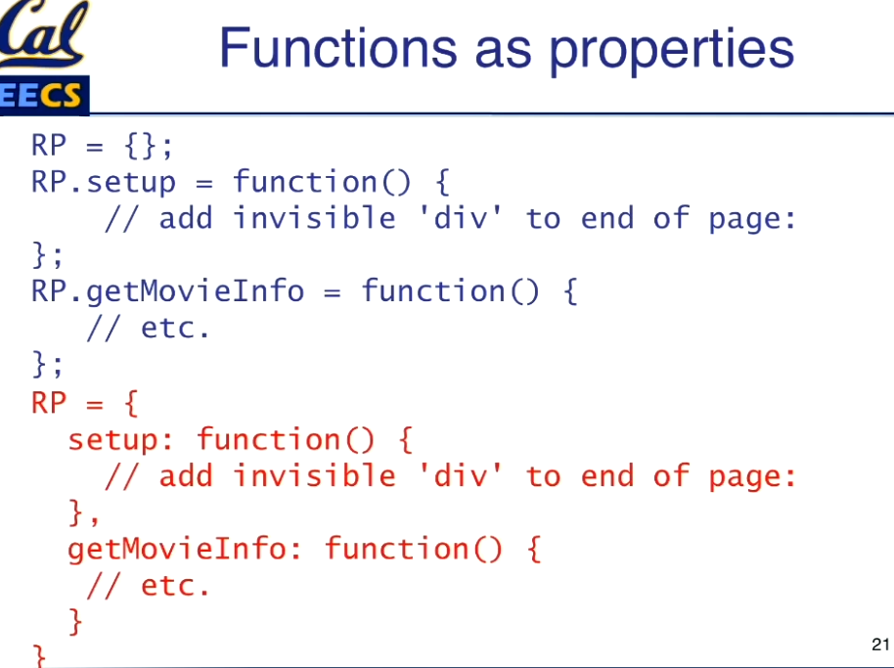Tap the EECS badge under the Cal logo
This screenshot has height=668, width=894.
(43, 95)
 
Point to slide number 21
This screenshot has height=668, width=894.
(880, 645)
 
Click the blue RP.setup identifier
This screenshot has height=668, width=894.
(104, 182)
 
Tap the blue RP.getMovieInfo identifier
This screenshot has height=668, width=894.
(167, 291)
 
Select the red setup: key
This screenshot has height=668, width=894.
(120, 440)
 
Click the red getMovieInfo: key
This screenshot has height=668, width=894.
(184, 550)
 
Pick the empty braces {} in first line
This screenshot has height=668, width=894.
(139, 146)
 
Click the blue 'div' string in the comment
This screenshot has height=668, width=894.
(460, 218)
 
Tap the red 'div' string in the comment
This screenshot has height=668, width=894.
(460, 475)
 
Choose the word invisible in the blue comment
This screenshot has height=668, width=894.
(314, 218)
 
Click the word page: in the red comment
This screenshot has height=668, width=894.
(752, 477)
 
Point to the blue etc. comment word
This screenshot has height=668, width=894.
(175, 329)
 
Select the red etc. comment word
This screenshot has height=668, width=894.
(175, 586)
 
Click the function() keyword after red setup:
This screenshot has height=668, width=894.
(285, 439)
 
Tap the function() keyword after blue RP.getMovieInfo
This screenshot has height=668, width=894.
(450, 290)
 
